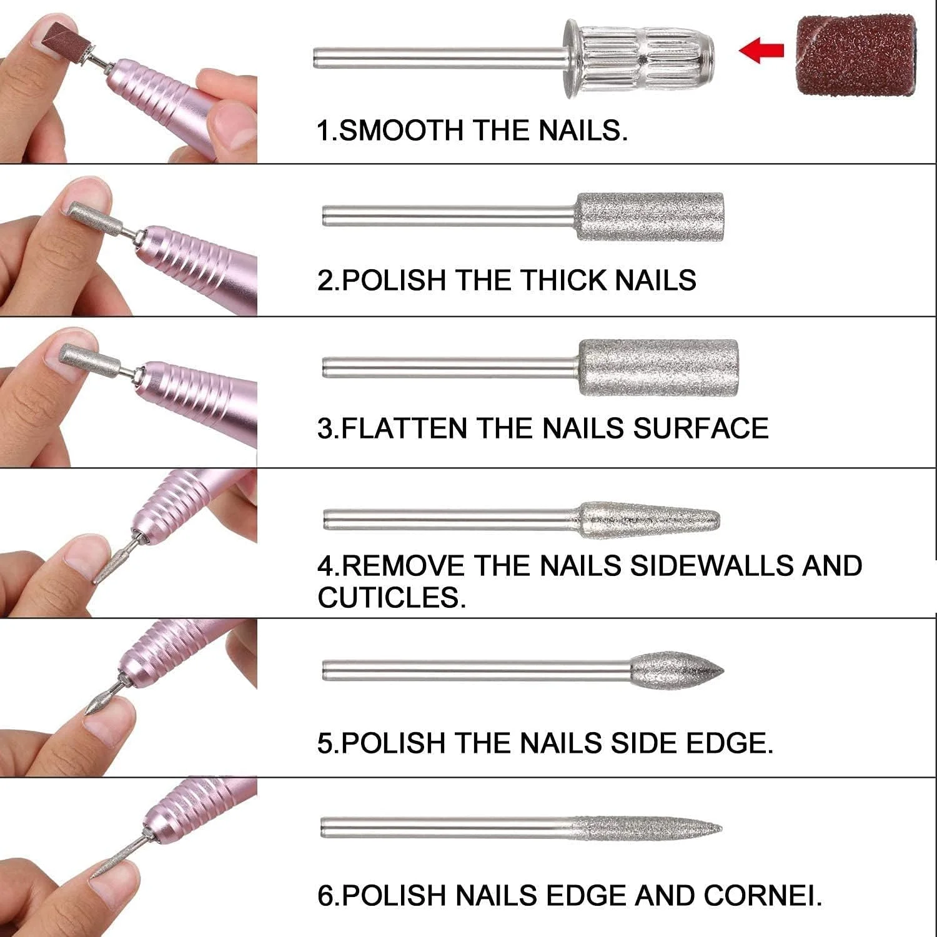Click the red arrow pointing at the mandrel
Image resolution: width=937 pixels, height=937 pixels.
[761, 49]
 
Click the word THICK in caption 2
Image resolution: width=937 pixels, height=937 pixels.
[563, 280]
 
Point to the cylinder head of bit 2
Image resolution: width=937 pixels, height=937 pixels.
[649, 217]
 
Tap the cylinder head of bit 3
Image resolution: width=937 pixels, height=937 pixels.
[658, 367]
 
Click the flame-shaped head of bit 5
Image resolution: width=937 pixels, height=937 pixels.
[676, 671]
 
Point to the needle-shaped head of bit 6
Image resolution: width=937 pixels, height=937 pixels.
[647, 828]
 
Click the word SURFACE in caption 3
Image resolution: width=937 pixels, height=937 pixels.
[700, 429]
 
